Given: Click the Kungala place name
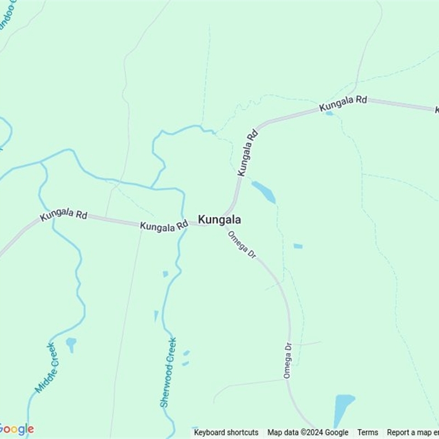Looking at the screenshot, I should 219,219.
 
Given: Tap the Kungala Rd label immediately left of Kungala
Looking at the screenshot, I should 164,226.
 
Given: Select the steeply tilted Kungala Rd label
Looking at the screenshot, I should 248,153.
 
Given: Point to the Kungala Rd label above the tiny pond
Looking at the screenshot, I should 343,103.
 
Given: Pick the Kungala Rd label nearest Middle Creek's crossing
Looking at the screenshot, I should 63,214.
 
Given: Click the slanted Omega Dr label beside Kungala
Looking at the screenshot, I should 241,244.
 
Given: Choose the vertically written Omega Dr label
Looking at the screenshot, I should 287,360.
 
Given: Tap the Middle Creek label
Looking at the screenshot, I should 46,368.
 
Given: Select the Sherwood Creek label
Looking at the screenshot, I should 168,372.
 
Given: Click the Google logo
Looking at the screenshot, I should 16,429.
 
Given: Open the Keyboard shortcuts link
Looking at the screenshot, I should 226,432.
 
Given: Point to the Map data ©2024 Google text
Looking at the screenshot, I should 308,432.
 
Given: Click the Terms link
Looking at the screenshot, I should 368,432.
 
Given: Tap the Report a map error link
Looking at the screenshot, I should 413,432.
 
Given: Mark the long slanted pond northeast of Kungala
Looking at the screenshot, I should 264,192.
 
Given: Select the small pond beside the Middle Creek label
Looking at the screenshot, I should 71,344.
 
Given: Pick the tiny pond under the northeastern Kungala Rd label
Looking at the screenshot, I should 329,114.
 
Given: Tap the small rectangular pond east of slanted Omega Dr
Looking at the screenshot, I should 297,246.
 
